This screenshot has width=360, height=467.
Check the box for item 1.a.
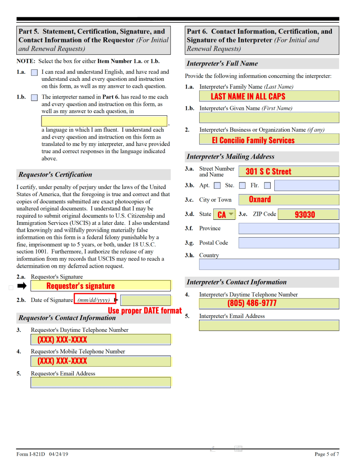(34, 73)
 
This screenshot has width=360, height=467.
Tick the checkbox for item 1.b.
(34, 98)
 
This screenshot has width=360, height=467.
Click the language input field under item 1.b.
(104, 121)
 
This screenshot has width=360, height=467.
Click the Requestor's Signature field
(100, 286)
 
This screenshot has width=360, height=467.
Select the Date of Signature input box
(145, 300)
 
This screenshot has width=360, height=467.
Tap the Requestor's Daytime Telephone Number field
(100, 339)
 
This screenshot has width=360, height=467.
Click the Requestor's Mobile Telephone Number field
(100, 361)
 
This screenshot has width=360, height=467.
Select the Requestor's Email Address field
(100, 382)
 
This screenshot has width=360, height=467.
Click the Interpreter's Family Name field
(269, 96)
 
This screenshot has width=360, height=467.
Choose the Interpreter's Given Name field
(269, 117)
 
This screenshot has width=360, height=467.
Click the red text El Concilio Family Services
(253, 140)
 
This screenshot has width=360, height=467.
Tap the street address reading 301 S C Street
(268, 171)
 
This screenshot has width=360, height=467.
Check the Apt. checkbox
(217, 186)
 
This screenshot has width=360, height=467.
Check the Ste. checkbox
(242, 186)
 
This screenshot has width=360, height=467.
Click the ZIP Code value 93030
(305, 214)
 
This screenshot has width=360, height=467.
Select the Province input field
(288, 228)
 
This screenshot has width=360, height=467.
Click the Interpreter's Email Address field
(269, 325)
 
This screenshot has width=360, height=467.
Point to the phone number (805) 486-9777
(252, 303)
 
